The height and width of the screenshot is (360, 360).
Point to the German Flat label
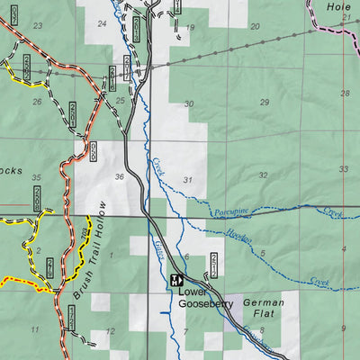pos(264,310)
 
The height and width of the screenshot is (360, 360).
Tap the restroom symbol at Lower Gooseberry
pos(179,279)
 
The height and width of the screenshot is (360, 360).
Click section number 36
pos(119,177)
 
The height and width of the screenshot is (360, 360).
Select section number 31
pos(187,181)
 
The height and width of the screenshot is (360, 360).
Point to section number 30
pos(188,104)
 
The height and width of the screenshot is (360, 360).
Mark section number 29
pos(264,103)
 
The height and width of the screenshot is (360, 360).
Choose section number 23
pos(37,25)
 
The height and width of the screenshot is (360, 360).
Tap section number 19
pos(191,28)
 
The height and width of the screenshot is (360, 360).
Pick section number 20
pos(255,26)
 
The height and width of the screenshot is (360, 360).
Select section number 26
pos(37,102)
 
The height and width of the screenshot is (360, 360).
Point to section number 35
pos(37,178)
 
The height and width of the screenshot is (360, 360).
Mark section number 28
pos(345,94)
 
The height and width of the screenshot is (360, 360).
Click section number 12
pos(110,331)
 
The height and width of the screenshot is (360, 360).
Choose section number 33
pos(345,169)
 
